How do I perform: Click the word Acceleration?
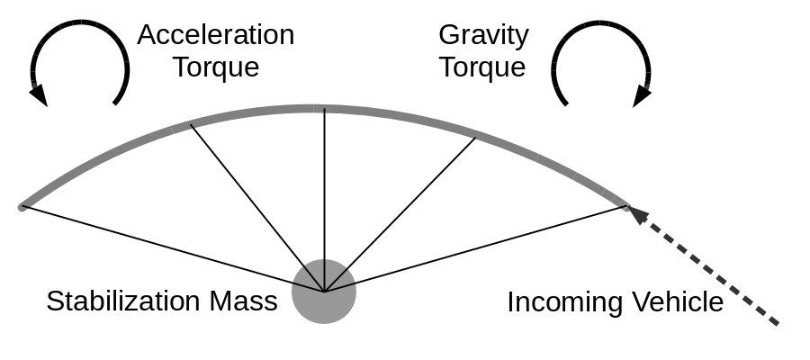(215, 35)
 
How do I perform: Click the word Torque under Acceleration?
(215, 67)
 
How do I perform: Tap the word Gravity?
(483, 35)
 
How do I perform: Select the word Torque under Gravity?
(483, 67)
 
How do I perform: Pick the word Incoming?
(561, 302)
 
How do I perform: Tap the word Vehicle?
(676, 302)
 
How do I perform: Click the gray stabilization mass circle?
(324, 292)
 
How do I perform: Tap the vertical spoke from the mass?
(324, 198)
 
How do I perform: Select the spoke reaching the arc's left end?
(171, 249)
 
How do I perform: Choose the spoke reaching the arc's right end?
(477, 249)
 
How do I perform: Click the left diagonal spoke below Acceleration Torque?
(256, 207)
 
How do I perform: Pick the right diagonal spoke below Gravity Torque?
(400, 214)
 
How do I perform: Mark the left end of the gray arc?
(22, 207)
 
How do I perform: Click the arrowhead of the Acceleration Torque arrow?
(39, 94)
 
